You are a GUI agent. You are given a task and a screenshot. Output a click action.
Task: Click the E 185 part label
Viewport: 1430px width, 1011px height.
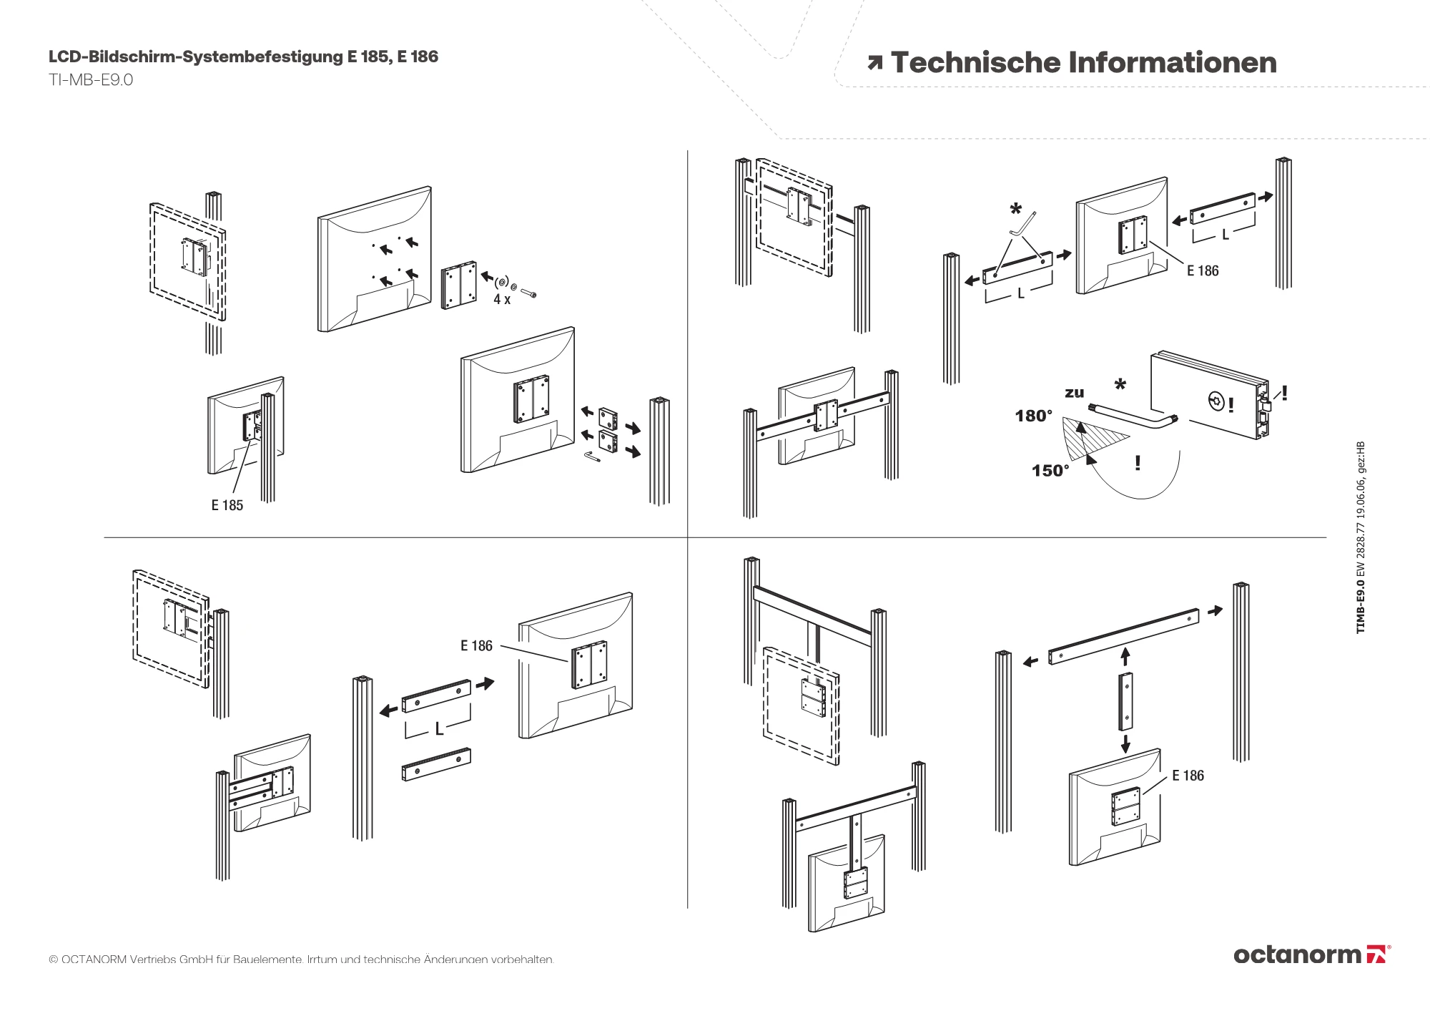click(227, 505)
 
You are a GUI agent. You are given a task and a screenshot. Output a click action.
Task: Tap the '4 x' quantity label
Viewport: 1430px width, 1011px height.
click(501, 300)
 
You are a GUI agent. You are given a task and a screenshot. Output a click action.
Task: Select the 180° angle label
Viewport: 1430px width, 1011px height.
click(1033, 416)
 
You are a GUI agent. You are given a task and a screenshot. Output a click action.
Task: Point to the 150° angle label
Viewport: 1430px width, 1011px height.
click(1050, 470)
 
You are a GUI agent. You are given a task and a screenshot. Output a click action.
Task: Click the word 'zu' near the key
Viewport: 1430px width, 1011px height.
click(1074, 393)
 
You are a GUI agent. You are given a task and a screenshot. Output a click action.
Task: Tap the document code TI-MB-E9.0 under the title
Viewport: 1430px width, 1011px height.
click(91, 79)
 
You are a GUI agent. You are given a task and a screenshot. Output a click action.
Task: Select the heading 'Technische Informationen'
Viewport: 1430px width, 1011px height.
click(1083, 62)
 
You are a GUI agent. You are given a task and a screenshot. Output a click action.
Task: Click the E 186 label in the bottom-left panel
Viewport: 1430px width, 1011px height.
click(476, 645)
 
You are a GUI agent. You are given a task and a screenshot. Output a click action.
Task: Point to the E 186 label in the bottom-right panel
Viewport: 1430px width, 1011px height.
click(1188, 776)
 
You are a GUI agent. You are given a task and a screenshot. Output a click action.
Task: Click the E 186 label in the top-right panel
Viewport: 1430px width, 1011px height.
click(1203, 270)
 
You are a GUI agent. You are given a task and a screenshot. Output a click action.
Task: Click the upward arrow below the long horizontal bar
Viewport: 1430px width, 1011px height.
click(1125, 656)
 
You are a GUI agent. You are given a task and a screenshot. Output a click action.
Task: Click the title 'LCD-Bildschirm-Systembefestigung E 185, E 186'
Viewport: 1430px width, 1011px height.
click(243, 57)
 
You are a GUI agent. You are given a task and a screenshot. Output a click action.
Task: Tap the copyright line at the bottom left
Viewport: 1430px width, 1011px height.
click(301, 959)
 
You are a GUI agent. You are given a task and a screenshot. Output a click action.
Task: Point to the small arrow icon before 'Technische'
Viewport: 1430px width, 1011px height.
click(874, 63)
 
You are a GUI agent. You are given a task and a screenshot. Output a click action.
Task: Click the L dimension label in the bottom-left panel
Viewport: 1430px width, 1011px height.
click(439, 728)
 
